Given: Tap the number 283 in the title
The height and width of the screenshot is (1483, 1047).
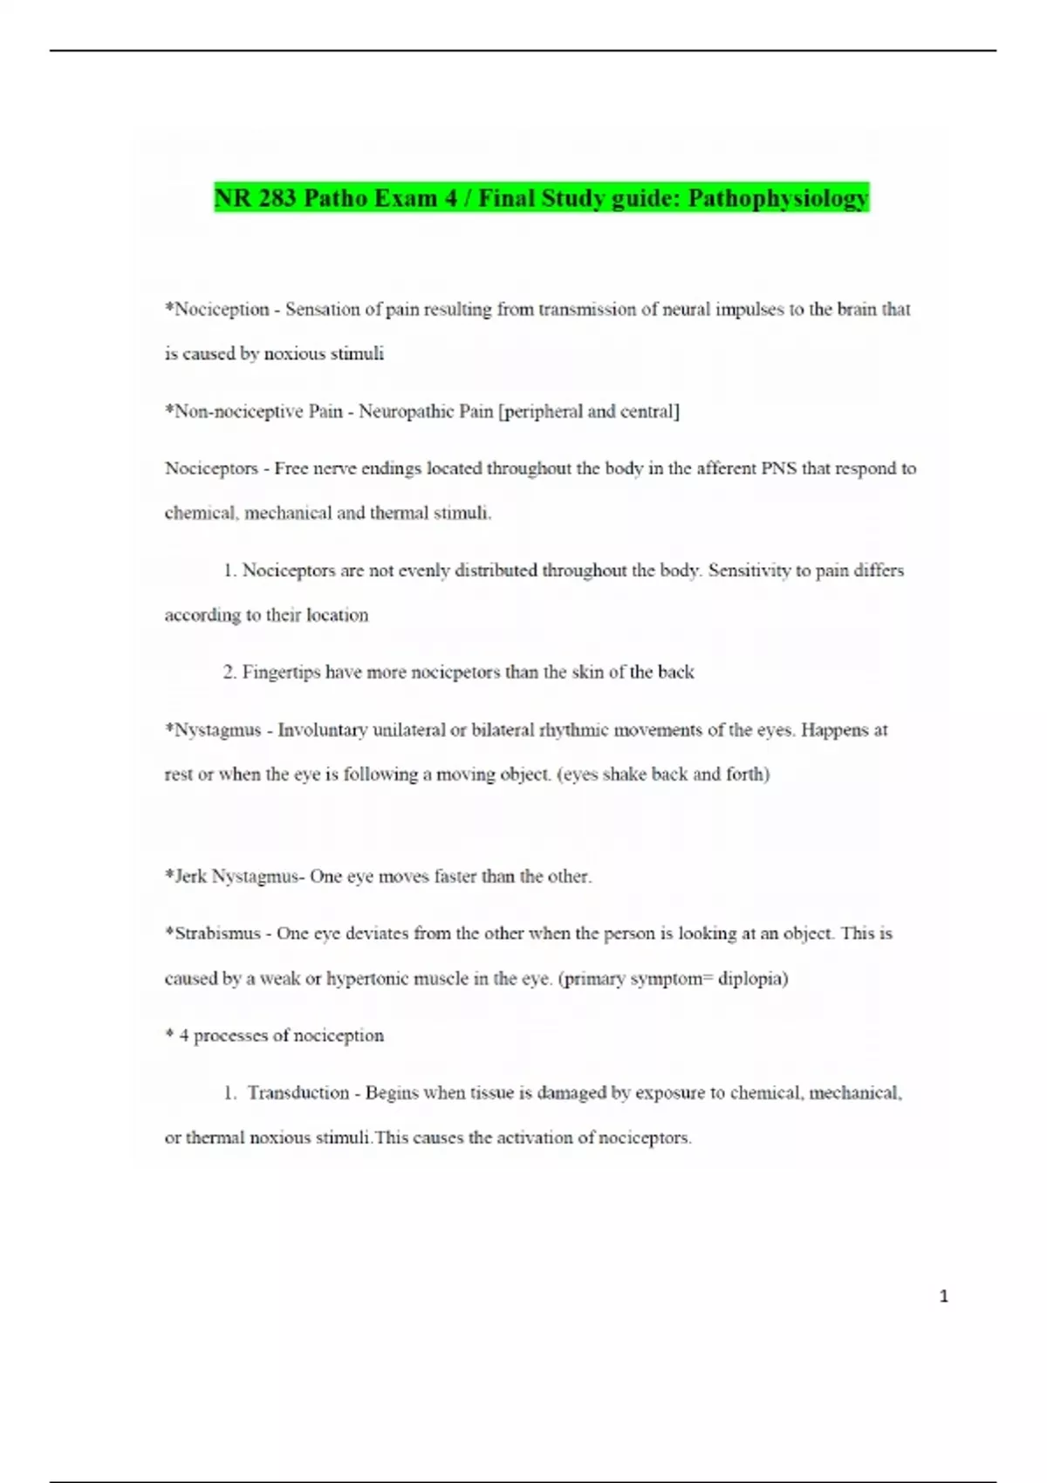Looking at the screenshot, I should [x=277, y=198].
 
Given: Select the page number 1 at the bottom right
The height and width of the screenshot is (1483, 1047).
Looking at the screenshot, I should [x=943, y=1296].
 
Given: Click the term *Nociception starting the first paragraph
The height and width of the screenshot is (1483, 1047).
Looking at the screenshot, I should [x=217, y=309].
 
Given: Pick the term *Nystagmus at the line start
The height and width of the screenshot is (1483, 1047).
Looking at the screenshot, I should [x=213, y=730].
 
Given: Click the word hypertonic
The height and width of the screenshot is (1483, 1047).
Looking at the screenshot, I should [x=368, y=978].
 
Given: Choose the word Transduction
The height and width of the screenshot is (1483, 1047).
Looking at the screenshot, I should [x=298, y=1092].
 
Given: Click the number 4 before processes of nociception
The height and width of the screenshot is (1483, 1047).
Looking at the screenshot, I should [x=184, y=1035].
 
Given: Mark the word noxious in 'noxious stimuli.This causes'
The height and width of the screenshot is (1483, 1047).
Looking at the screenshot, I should [x=280, y=1138].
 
